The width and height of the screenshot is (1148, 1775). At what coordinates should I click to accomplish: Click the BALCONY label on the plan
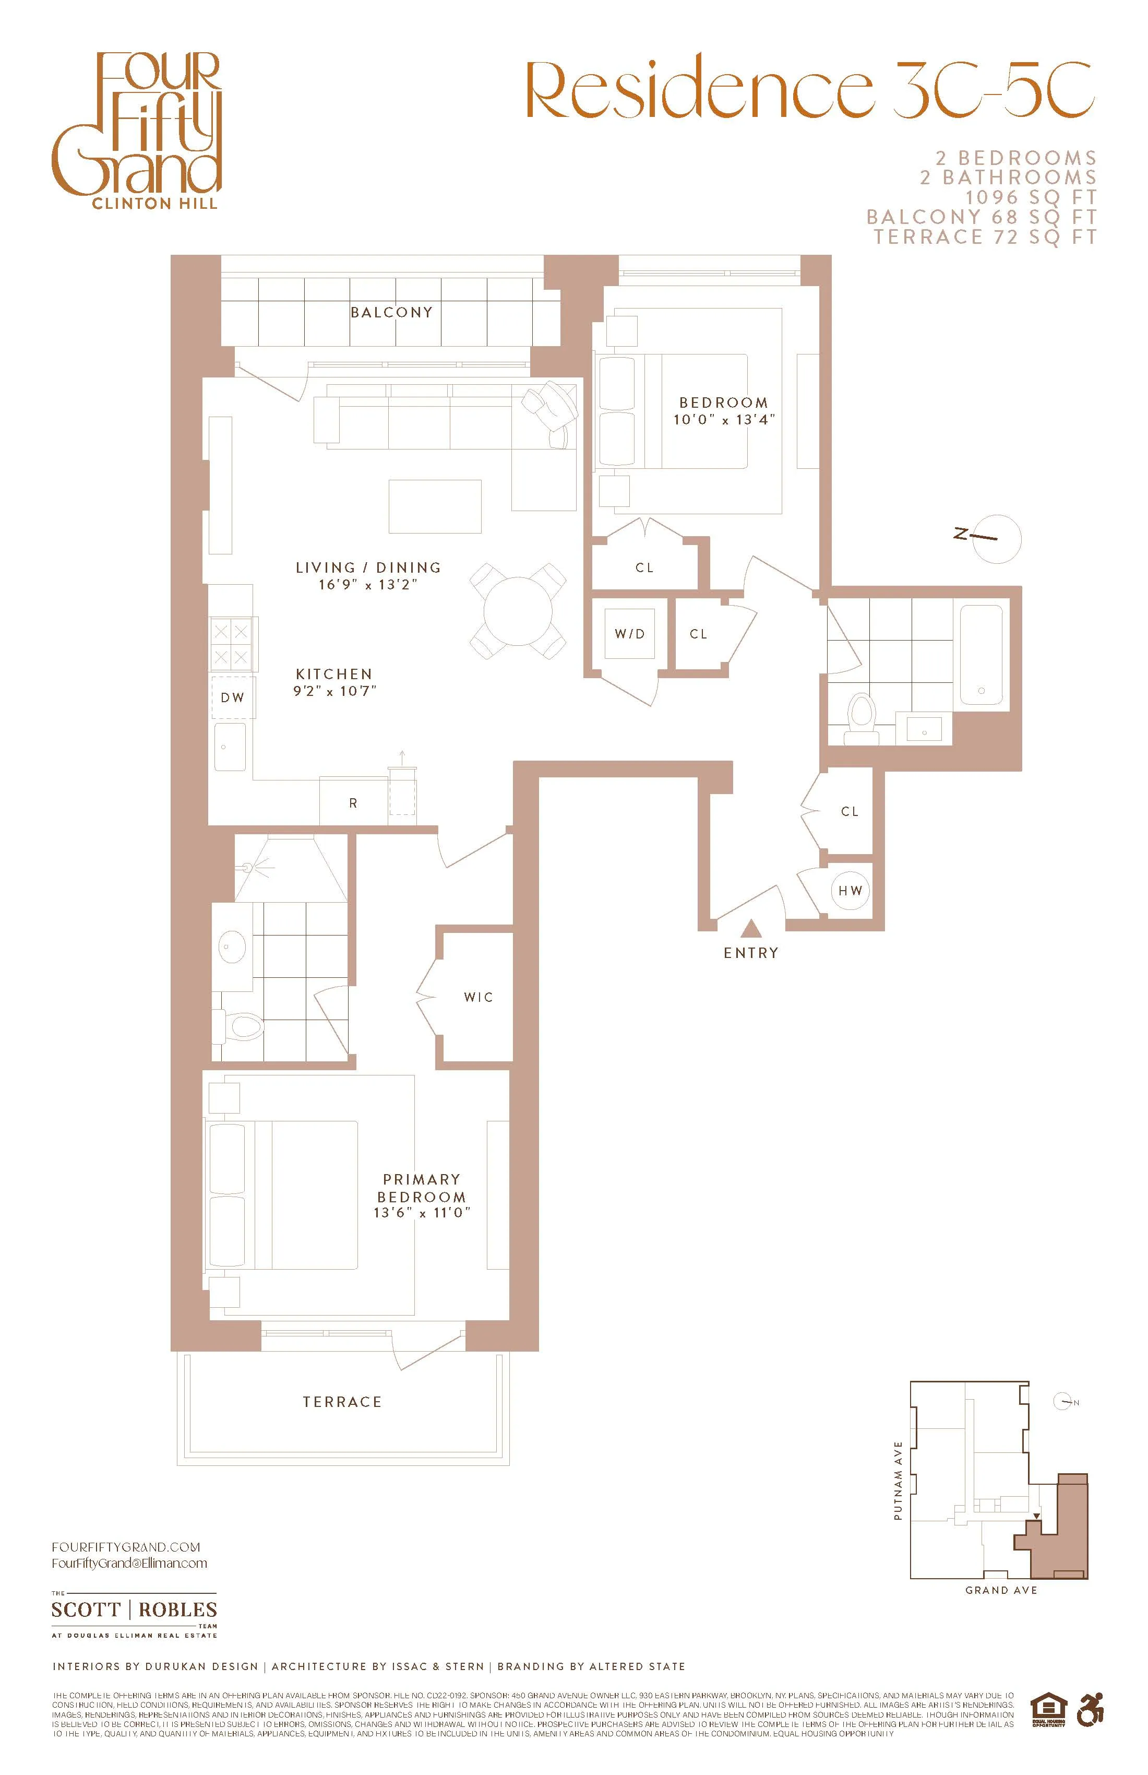[x=391, y=313]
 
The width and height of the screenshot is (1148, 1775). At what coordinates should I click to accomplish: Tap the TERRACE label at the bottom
[x=342, y=1401]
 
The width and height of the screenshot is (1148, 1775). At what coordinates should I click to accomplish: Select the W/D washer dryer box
[x=629, y=634]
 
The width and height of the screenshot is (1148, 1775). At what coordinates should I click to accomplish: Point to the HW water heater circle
[x=850, y=891]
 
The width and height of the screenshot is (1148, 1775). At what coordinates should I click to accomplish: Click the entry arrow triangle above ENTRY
[x=751, y=929]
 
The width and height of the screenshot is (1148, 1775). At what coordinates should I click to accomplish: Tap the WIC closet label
[x=478, y=997]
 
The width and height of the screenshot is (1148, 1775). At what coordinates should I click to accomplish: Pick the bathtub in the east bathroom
[x=982, y=655]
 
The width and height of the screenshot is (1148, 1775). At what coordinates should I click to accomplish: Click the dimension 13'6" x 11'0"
[x=422, y=1213]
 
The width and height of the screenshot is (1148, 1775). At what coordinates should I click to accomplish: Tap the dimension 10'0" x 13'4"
[x=724, y=420]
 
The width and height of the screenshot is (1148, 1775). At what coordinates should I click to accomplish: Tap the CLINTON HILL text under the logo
[x=155, y=204]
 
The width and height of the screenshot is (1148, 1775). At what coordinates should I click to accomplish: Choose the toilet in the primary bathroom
[x=242, y=1028]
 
